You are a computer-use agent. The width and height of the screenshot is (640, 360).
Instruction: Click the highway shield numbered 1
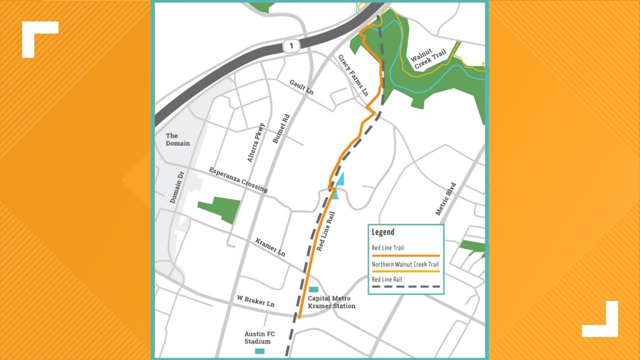coord(291,45)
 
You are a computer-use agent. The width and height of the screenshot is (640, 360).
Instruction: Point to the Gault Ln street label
coord(301,86)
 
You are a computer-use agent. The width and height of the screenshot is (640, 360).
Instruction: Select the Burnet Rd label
coord(280,129)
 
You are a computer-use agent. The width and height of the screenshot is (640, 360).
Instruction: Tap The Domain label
coord(177,139)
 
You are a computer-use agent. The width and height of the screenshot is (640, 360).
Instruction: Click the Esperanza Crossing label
coord(238,180)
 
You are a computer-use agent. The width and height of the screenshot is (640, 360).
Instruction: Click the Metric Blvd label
coord(446,199)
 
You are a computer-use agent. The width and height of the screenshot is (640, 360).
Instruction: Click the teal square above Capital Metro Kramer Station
coord(314,290)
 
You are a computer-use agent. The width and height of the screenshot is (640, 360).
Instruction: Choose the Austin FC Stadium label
coord(257,337)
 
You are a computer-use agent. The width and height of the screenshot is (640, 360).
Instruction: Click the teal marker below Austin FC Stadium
coord(259,352)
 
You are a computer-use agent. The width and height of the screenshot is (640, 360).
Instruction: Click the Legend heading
coord(383,232)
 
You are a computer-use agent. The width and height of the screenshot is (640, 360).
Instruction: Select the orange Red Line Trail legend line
coord(405,255)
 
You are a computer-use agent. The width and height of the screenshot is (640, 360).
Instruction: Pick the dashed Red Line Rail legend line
coord(405,286)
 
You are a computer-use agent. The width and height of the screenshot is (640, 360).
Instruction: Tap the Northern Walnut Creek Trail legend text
coord(405,265)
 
